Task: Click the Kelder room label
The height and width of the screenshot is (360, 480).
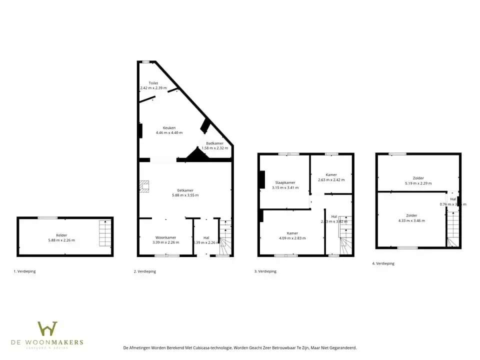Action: click(x=62, y=235)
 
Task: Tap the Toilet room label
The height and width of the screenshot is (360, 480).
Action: click(x=153, y=83)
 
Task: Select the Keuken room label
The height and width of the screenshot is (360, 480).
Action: click(x=169, y=127)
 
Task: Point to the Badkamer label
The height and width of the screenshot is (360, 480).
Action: click(x=215, y=143)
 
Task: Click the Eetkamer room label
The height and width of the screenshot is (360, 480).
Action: click(x=185, y=190)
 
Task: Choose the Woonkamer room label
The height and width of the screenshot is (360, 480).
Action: click(x=165, y=237)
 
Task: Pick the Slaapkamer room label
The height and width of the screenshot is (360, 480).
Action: click(x=285, y=182)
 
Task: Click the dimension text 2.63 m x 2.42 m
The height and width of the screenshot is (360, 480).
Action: click(x=331, y=179)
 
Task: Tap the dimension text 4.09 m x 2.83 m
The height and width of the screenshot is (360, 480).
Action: click(x=292, y=238)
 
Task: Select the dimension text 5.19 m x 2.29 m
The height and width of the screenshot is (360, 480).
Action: click(x=418, y=183)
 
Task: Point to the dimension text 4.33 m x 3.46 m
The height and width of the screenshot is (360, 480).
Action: click(x=411, y=220)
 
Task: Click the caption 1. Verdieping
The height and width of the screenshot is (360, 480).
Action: click(x=24, y=271)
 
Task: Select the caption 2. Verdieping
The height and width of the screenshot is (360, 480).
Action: click(x=145, y=271)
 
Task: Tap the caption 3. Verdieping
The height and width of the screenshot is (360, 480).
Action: click(x=265, y=271)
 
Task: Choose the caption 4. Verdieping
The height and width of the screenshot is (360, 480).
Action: click(x=383, y=263)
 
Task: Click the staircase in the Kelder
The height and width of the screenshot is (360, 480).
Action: click(x=105, y=233)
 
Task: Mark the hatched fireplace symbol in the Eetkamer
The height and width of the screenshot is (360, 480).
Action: click(x=144, y=186)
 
